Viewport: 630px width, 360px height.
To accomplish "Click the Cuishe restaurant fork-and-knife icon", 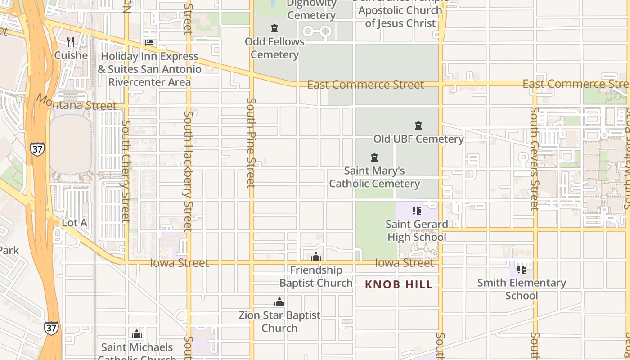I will (70, 42).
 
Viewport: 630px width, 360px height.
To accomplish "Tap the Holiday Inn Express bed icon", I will (149, 43).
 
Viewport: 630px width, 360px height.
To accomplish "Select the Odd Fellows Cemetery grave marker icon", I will (274, 29).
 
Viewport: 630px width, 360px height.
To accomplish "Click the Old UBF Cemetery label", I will (418, 139).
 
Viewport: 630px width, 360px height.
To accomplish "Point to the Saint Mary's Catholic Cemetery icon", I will (374, 157).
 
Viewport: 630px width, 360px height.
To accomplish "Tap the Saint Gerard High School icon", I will (417, 211).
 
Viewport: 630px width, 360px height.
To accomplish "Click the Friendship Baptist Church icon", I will (316, 257).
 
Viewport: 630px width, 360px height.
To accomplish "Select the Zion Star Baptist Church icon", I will (279, 302).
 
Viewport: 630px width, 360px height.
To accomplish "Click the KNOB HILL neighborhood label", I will (399, 284).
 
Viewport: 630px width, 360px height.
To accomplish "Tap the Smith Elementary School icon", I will (522, 270).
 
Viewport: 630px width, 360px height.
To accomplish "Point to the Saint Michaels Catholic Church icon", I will (137, 334).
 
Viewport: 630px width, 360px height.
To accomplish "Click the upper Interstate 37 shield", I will (38, 149).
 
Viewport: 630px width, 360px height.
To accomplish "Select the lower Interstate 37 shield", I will (51, 328).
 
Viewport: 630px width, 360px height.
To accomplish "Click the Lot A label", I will (74, 223).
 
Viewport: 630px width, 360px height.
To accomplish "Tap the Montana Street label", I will (76, 102).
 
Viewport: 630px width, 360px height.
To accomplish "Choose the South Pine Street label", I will (251, 143).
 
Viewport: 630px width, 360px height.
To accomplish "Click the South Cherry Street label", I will (126, 171).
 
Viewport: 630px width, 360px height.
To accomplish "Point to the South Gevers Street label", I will (534, 158).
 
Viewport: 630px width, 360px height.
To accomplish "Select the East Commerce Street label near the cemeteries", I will (365, 85).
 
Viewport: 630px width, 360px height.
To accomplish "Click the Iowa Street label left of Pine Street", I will (180, 263).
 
